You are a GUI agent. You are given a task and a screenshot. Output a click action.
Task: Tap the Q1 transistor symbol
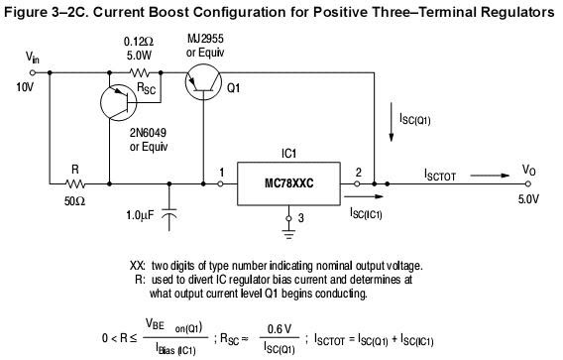203,82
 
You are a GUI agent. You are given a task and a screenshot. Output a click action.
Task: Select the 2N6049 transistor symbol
119,102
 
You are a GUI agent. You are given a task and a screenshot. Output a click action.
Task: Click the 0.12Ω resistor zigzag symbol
140,73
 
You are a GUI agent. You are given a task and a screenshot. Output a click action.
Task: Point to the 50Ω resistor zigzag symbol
75,183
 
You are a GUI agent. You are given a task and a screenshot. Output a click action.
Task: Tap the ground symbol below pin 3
288,233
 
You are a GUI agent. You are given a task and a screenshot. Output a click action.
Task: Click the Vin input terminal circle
33,72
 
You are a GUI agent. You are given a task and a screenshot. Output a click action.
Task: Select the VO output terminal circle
527,183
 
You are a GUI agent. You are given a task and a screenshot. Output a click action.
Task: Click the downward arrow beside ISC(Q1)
391,122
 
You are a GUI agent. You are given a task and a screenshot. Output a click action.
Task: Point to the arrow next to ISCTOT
490,176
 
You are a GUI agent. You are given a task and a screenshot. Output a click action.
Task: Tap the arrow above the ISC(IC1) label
364,196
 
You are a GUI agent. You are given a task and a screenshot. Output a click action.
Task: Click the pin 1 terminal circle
220,183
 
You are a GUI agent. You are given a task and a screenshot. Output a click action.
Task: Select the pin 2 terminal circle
357,183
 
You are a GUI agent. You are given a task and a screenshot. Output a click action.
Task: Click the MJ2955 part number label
205,39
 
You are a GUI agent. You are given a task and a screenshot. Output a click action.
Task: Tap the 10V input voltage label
25,87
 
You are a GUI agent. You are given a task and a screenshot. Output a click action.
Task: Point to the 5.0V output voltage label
528,199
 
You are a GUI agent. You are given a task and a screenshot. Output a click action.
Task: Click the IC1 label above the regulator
288,154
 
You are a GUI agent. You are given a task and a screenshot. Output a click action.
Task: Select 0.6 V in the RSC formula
280,328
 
